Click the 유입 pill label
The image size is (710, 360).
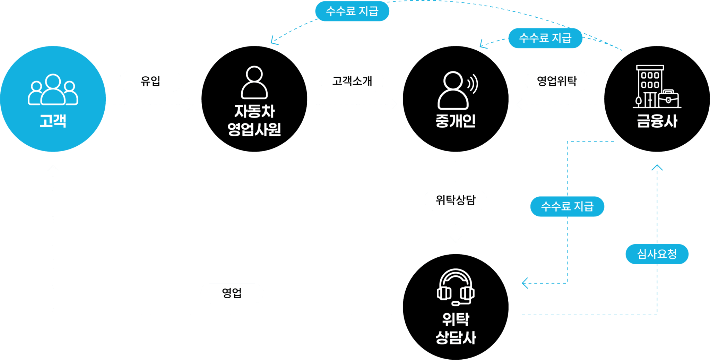150,81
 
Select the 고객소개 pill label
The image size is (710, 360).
352,81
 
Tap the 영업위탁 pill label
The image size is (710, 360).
557,81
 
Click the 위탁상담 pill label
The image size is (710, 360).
456,200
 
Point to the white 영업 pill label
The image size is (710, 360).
232,293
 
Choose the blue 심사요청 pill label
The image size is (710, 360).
657,254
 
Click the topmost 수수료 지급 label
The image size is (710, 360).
352,11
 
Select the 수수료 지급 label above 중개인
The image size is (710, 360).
545,38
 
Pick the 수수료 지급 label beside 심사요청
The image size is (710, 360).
567,206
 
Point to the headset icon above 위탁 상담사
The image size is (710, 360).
456,287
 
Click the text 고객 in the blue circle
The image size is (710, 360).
53,121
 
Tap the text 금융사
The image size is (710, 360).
657,121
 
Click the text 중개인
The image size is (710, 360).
456,121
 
